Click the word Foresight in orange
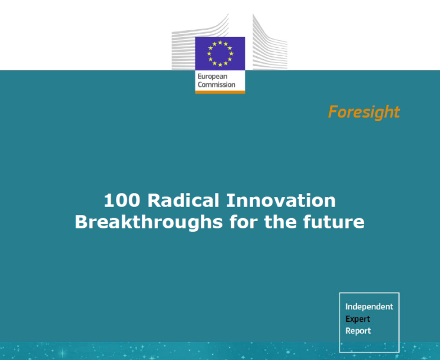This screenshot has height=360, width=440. (364, 112)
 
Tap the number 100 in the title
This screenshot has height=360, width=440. (122, 200)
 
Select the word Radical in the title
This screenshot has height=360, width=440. (183, 200)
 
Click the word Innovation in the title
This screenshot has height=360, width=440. (281, 200)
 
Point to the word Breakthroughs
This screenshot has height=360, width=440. (149, 222)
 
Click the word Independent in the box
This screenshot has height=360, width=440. (369, 307)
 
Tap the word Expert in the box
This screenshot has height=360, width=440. (357, 319)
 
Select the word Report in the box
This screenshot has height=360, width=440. (358, 331)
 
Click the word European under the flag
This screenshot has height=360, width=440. (213, 76)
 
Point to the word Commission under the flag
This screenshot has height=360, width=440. (217, 84)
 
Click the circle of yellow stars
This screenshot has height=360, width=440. (220, 53)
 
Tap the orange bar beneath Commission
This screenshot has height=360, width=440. (220, 92)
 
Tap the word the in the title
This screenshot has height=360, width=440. (280, 222)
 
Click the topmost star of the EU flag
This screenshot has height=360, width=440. (220, 42)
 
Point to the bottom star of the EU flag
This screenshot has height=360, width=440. (220, 65)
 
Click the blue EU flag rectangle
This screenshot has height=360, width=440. (220, 53)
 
